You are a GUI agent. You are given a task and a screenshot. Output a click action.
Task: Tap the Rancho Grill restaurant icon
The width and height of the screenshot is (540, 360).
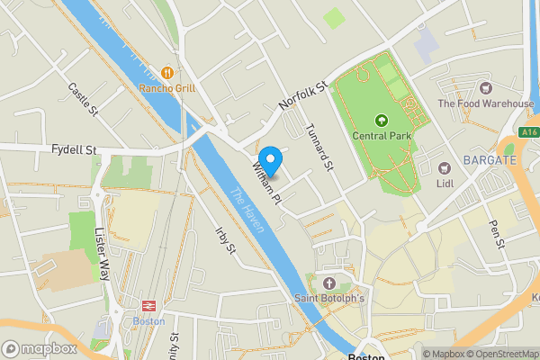[x=166, y=72]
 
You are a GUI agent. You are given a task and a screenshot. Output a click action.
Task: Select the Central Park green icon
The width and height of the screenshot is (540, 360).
[x=381, y=120]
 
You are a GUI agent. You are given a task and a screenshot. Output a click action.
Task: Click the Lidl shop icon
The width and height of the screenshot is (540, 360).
[x=444, y=167]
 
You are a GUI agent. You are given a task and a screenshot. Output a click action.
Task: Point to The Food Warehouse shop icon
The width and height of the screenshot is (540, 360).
[x=486, y=88]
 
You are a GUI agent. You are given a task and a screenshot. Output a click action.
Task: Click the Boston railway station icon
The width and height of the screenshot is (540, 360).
[x=148, y=305]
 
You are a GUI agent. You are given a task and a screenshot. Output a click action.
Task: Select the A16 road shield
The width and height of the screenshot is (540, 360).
[x=530, y=131]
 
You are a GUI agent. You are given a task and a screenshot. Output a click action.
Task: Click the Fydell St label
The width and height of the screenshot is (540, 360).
[x=74, y=148]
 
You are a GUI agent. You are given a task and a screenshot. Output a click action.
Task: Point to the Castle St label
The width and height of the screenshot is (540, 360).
[x=83, y=99]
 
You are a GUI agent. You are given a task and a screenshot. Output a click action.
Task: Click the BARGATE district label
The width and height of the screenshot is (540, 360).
[x=489, y=160]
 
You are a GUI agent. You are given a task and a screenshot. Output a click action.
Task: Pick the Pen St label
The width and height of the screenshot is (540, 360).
[x=498, y=232]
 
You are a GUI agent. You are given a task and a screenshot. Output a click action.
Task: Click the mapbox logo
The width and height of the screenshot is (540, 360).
[x=39, y=348]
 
